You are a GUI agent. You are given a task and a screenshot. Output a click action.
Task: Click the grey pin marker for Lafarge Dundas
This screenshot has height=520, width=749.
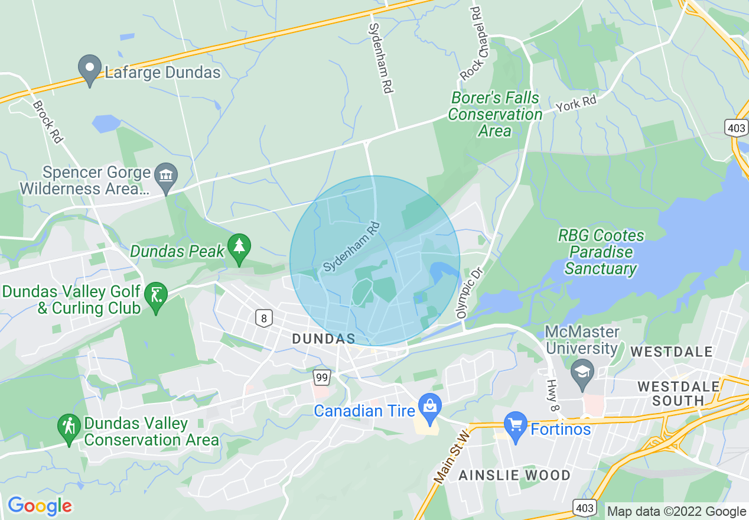(x=90, y=69)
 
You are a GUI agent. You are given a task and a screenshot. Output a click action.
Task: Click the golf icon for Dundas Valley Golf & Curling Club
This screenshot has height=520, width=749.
(x=156, y=294)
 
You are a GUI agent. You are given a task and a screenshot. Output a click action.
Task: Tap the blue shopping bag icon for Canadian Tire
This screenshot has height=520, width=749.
(x=429, y=407)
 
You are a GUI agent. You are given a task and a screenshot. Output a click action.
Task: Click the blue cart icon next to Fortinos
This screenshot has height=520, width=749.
(x=516, y=426)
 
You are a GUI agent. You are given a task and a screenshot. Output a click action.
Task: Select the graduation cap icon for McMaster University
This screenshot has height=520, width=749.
(x=582, y=372)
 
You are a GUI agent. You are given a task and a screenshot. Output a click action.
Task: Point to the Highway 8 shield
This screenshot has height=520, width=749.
(x=263, y=318)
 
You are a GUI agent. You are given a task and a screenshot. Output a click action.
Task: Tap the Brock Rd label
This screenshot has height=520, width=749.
(x=48, y=122)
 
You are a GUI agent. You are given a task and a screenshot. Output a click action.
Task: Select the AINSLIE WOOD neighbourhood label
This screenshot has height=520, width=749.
(x=514, y=475)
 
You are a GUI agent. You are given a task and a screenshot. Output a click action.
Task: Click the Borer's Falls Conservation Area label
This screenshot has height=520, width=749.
(x=495, y=114)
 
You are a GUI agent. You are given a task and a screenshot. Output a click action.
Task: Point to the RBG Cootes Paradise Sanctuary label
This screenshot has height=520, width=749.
(x=601, y=252)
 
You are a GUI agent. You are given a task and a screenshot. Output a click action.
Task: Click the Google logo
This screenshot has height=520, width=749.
(x=40, y=506)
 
